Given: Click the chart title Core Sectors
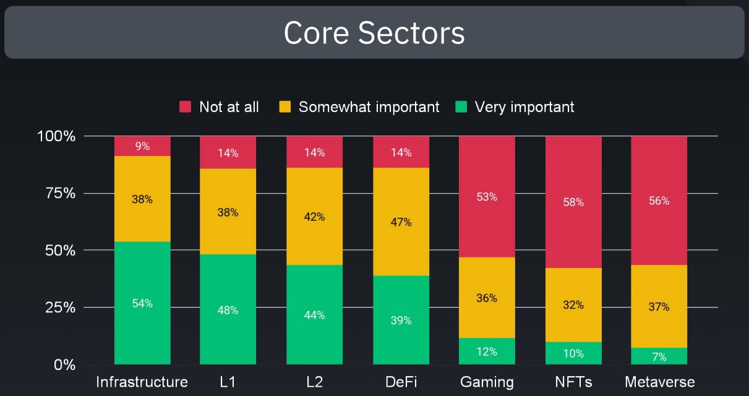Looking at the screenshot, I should (x=374, y=33).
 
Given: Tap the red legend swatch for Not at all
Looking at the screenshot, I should (x=186, y=107).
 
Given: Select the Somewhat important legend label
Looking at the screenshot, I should (x=369, y=107).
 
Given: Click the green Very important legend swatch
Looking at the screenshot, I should (x=461, y=107).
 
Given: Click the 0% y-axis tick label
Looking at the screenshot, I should (x=64, y=365).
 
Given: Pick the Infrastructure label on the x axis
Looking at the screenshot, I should (x=142, y=382).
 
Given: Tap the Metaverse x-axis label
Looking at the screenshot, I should (x=659, y=382).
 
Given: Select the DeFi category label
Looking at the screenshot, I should (x=401, y=382).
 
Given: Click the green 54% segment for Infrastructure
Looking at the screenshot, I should (x=142, y=303).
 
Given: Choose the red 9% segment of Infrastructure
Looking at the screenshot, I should (x=142, y=146).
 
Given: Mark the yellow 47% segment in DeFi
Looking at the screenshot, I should (x=401, y=222).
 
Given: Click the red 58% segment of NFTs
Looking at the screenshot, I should (x=573, y=202).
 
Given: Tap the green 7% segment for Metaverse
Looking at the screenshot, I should (x=659, y=356).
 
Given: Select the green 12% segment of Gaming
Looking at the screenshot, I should (x=487, y=351).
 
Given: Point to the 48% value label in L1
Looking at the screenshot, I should (x=228, y=310).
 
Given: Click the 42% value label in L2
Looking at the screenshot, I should (x=314, y=217).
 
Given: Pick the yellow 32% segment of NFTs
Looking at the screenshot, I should (x=573, y=305).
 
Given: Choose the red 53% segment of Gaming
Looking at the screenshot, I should (x=487, y=197).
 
